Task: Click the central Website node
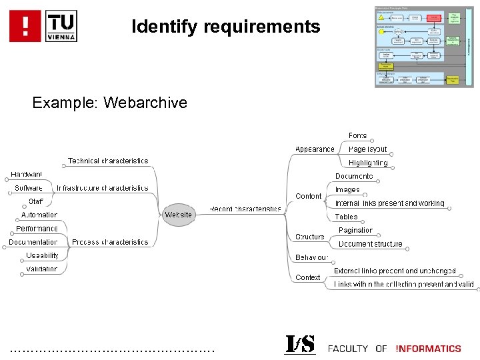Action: [x=178, y=215]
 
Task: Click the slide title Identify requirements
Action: [x=226, y=27]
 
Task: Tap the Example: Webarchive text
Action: [x=109, y=103]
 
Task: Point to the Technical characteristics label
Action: [x=108, y=161]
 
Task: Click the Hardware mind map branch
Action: [x=27, y=175]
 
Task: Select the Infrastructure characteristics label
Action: [x=103, y=188]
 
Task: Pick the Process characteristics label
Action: [x=110, y=242]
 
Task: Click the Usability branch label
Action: [x=43, y=255]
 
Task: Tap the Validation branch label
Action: [x=42, y=269]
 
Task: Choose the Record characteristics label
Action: [x=245, y=209]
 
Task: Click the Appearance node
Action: [x=315, y=149]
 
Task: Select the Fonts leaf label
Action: [x=357, y=136]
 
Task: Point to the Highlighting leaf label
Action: [x=367, y=163]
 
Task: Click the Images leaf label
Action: [x=347, y=190]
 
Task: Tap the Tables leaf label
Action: [x=346, y=217]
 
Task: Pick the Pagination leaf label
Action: [x=355, y=230]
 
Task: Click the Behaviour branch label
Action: [x=312, y=257]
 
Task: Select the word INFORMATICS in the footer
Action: [x=428, y=349]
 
